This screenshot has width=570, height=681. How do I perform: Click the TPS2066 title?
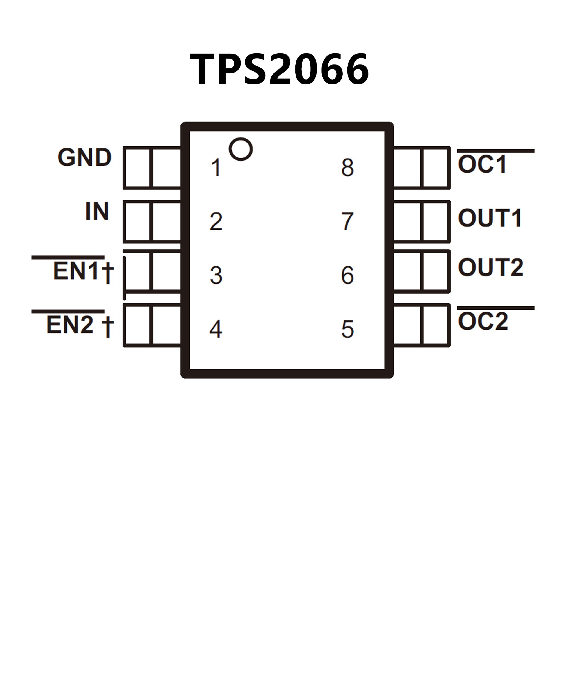[279, 69]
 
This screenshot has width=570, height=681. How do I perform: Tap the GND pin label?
[85, 158]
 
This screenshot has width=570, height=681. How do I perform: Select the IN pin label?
[97, 211]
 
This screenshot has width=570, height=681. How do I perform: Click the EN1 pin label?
[76, 271]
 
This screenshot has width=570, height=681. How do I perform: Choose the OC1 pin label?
[482, 164]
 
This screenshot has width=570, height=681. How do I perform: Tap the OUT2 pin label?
[490, 268]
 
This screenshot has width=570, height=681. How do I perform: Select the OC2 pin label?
[483, 322]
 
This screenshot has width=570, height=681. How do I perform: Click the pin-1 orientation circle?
[241, 149]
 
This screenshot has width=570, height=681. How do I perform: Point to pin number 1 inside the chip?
[216, 168]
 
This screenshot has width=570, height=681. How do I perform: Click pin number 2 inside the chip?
[216, 222]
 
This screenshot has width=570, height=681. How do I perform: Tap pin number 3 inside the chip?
[216, 276]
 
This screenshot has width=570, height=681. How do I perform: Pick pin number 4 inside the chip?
[216, 329]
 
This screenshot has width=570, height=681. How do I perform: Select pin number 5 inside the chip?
[348, 329]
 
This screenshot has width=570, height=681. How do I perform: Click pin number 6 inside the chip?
[348, 276]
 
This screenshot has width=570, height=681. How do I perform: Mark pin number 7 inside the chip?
[348, 222]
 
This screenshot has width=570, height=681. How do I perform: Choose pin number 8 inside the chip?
[348, 168]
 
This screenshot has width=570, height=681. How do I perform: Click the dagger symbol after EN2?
[108, 327]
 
